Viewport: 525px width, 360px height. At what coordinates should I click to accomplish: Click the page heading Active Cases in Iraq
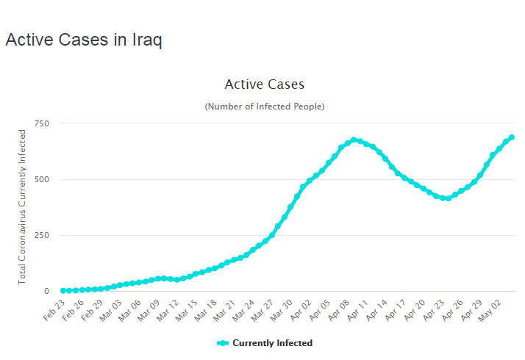click(x=84, y=40)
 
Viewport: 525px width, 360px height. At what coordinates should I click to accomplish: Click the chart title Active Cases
click(x=264, y=84)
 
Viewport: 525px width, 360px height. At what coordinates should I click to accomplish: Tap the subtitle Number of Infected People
click(x=264, y=107)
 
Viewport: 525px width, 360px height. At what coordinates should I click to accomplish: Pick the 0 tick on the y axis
click(x=46, y=291)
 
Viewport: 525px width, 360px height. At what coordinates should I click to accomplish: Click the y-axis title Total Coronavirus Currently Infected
click(x=23, y=207)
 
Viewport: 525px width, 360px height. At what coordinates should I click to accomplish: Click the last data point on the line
click(x=511, y=137)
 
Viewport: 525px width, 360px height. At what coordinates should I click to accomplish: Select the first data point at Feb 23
click(x=63, y=291)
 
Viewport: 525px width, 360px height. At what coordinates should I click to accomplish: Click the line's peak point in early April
click(x=354, y=140)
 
